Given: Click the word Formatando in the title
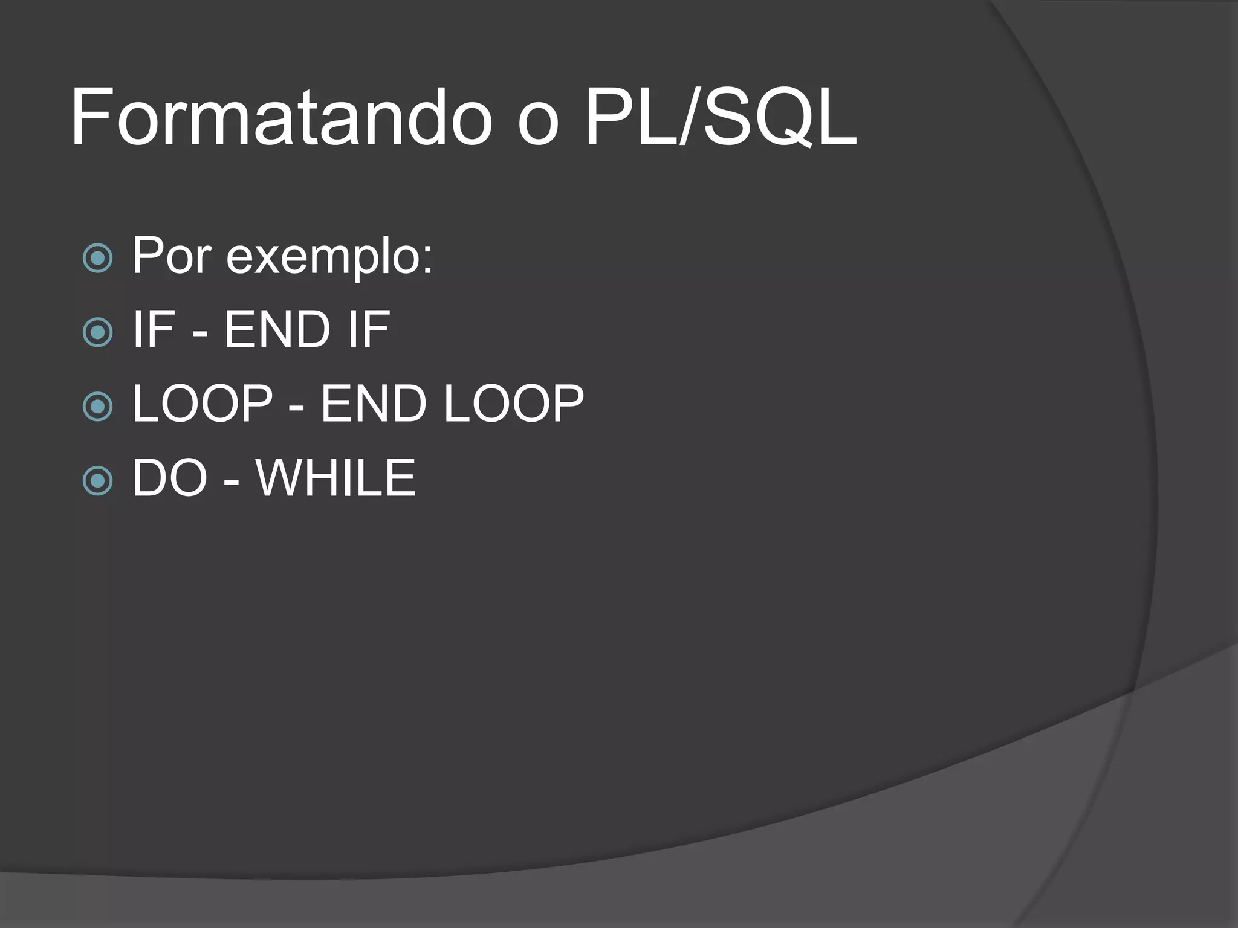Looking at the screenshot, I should pyautogui.click(x=281, y=118).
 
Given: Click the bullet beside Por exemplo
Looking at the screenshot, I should pyautogui.click(x=97, y=259).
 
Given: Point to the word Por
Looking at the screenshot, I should pyautogui.click(x=172, y=256).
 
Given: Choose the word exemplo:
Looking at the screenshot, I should pyautogui.click(x=329, y=259).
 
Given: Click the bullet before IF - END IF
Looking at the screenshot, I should pyautogui.click(x=97, y=332).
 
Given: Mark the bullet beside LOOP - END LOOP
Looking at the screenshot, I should pyautogui.click(x=97, y=407).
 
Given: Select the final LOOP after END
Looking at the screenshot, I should pyautogui.click(x=514, y=404).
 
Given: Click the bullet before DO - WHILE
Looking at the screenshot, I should pyautogui.click(x=97, y=481).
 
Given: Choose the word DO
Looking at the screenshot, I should pyautogui.click(x=170, y=478).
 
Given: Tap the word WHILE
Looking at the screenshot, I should pyautogui.click(x=336, y=478).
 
